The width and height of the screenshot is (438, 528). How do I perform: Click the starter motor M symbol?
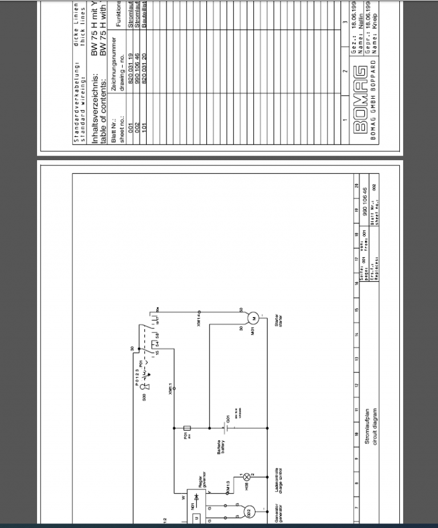[x=254, y=318]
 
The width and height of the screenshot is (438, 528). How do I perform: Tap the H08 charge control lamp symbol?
[x=246, y=476]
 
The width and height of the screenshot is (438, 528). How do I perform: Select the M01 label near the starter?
[x=252, y=330]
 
